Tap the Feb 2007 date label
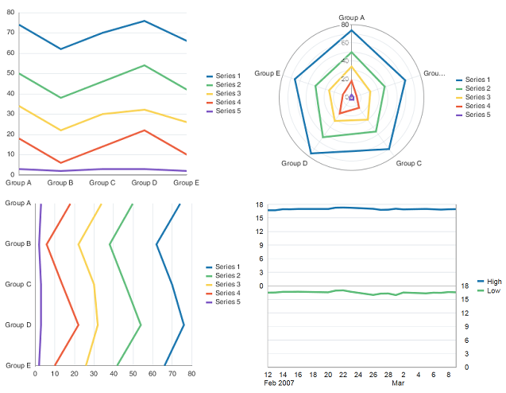(280, 383)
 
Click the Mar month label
(398, 383)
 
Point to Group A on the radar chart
(351, 17)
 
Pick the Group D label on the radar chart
(295, 163)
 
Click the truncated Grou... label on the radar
(434, 73)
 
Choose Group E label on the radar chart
(267, 73)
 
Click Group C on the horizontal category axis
(102, 182)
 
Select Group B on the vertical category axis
(17, 244)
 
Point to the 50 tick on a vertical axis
(10, 73)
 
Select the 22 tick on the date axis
(343, 374)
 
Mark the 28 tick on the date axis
(388, 374)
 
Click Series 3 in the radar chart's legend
(477, 97)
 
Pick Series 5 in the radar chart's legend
(477, 115)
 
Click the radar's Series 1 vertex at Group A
(351, 30)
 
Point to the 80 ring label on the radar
(345, 25)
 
